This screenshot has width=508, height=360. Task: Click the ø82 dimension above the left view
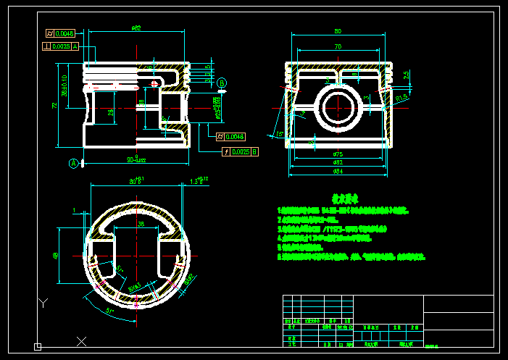point(136,28)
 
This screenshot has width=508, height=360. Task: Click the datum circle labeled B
point(222,83)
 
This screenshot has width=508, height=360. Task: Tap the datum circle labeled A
point(73,164)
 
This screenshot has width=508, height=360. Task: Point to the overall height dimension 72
point(54,106)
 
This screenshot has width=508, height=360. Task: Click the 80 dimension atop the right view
point(338,32)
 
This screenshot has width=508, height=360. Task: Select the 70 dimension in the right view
point(338,47)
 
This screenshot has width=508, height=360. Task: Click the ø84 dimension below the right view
point(338,172)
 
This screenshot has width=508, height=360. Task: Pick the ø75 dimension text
point(338,154)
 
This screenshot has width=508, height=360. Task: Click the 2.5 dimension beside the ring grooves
point(407,74)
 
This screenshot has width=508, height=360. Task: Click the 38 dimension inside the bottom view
point(141,225)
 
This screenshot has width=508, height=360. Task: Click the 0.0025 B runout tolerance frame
point(239,151)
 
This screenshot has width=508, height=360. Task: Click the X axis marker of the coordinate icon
point(81,340)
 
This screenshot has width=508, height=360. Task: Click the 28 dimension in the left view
point(110,112)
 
